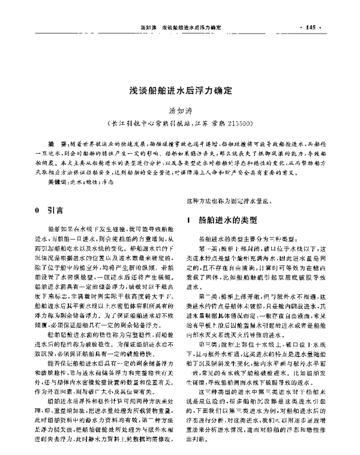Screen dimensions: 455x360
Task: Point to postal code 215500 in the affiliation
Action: (x=242, y=123)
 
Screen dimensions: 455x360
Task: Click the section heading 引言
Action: (x=57, y=212)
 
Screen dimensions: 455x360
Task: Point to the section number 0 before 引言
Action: (x=38, y=212)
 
